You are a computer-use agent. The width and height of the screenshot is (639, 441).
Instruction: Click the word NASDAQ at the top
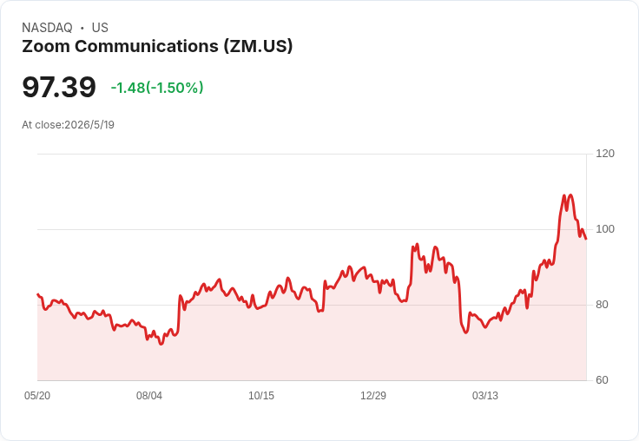[47, 28]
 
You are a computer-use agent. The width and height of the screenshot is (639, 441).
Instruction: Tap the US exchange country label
[100, 28]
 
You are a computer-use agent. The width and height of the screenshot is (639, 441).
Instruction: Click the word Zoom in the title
[46, 46]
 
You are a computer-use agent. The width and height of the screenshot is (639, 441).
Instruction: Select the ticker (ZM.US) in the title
[258, 47]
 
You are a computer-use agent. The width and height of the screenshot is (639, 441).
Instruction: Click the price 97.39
[59, 87]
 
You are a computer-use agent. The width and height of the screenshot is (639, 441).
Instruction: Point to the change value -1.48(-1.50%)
[157, 88]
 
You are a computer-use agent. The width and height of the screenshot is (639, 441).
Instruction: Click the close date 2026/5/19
[89, 125]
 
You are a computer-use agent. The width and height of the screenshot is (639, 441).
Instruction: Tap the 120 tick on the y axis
[605, 154]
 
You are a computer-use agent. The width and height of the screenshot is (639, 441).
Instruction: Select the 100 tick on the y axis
[605, 229]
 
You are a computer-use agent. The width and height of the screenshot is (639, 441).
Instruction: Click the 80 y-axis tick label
[602, 305]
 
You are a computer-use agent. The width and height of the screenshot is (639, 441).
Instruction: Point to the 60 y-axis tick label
[602, 380]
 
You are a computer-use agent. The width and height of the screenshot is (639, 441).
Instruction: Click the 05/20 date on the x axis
[37, 396]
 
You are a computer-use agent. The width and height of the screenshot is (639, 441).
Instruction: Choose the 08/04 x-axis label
[149, 396]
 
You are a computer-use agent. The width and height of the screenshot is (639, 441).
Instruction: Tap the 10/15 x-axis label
[261, 396]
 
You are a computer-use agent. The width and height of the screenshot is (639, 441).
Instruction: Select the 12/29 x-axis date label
[373, 396]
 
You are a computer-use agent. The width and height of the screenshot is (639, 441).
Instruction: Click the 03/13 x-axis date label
[485, 396]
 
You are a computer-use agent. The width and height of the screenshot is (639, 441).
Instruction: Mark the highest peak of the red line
[570, 194]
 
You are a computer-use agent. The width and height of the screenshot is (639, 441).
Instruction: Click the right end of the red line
[586, 239]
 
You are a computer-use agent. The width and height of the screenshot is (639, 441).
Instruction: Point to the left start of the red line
[37, 294]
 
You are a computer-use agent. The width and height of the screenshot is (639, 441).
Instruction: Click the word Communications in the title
[147, 46]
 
